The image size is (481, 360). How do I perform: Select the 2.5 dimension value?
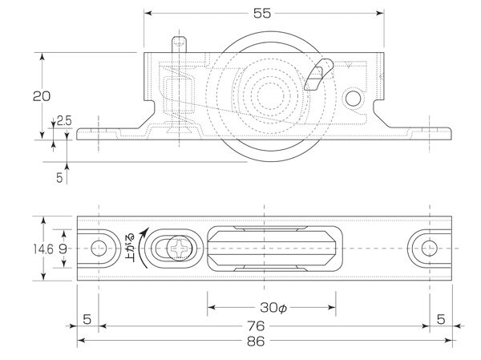coord(63,121)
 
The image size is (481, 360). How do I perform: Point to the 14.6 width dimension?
coord(44,249)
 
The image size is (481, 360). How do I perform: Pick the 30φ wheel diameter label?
coord(272,308)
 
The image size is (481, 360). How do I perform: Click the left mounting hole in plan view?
coord(99,249)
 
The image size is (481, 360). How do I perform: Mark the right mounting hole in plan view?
coord(429,249)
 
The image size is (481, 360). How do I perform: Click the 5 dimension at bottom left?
coord(87,319)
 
